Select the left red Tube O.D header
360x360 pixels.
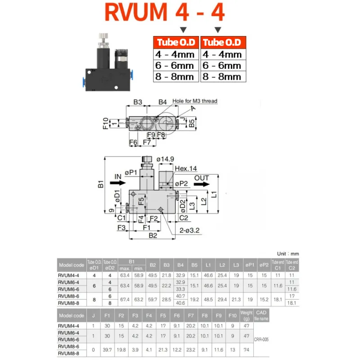point(175,43)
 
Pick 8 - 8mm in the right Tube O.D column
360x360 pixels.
point(222,76)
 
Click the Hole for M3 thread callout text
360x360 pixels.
point(195,101)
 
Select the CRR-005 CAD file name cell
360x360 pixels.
point(261,340)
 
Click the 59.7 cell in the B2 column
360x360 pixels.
point(153,300)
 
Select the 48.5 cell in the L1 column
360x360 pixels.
point(209,300)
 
